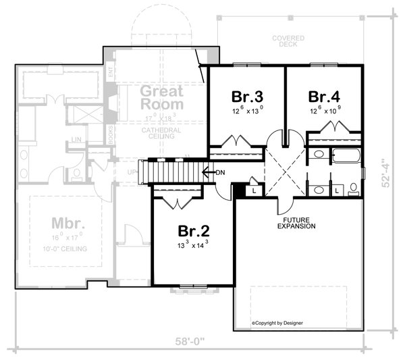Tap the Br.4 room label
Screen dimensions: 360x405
(x=323, y=95)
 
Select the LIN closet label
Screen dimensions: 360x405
(x=78, y=140)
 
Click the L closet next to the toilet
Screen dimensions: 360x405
(x=336, y=191)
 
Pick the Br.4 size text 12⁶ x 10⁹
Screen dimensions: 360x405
(x=323, y=110)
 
